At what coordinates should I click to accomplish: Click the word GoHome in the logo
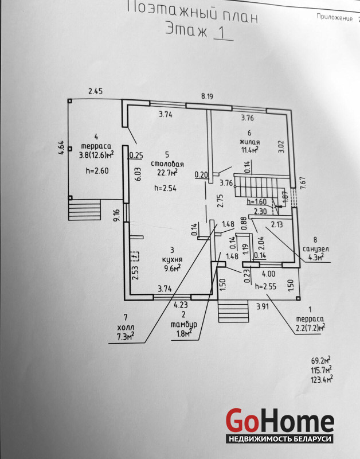click(x=280, y=421)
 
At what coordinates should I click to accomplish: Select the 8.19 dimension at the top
click(x=206, y=97)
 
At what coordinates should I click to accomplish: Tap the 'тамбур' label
click(x=184, y=325)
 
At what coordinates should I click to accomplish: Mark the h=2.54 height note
click(x=166, y=188)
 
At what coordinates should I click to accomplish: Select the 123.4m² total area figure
click(x=322, y=380)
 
